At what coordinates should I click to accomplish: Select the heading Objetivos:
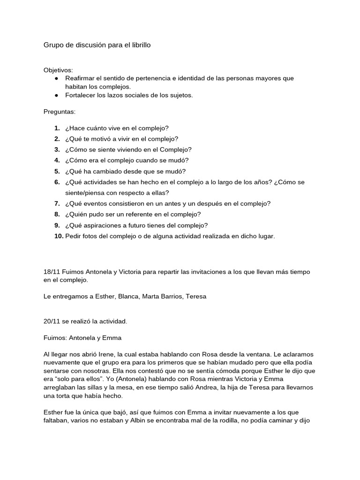[x=58, y=70]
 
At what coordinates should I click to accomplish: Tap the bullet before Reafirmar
[x=56, y=78]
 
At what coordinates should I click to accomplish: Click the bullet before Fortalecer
[x=56, y=95]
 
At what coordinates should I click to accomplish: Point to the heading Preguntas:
[x=59, y=112]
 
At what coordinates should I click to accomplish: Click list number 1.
[x=57, y=128]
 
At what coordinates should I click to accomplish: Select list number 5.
[x=57, y=171]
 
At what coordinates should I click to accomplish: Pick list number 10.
[x=59, y=236]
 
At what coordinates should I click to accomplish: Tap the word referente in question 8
[x=131, y=214]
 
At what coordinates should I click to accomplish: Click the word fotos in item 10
[x=93, y=236]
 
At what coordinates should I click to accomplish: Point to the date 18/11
[x=52, y=272]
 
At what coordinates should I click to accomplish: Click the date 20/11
[x=52, y=321]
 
